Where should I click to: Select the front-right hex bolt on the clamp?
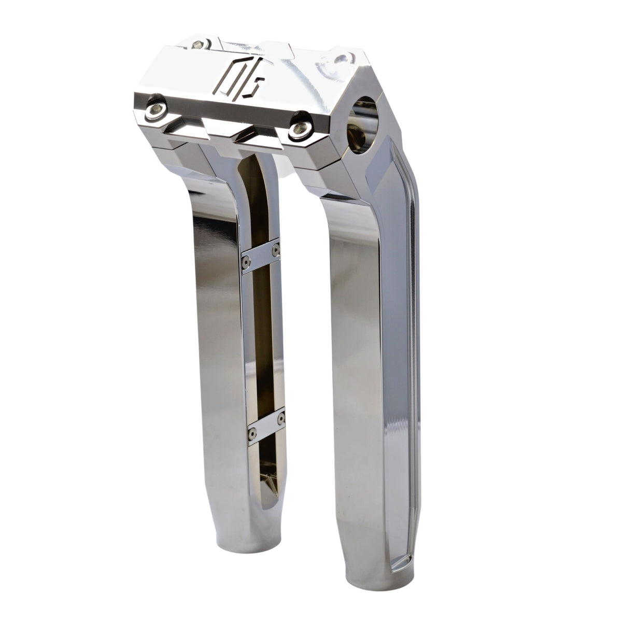[x=299, y=130]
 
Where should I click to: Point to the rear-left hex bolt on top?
[x=197, y=45]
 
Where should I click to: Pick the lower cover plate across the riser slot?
[x=266, y=426]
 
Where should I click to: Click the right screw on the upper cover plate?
[x=275, y=249]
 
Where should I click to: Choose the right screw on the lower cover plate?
[x=281, y=417]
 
